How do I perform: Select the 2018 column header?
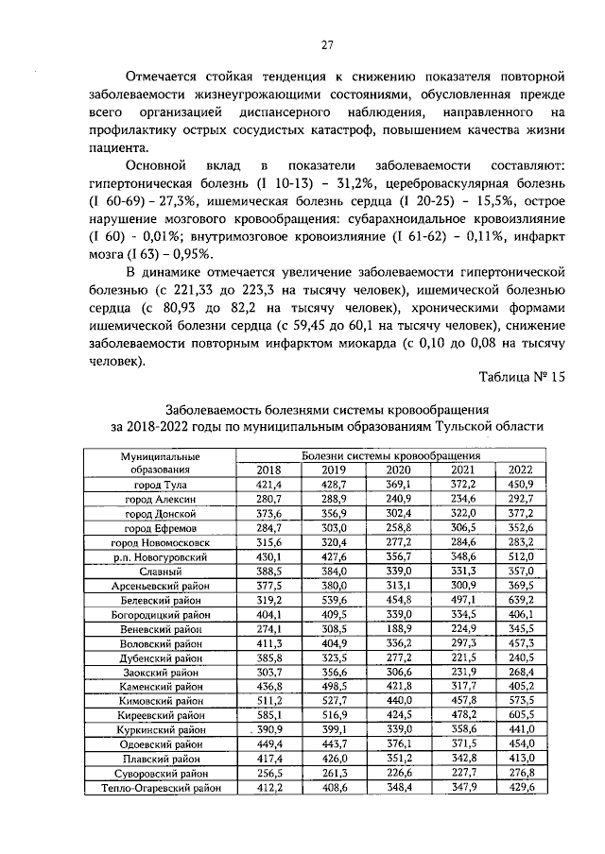point(268,470)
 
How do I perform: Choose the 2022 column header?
point(520,470)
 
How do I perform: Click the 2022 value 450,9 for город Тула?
point(520,485)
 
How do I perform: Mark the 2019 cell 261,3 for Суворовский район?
point(334,772)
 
